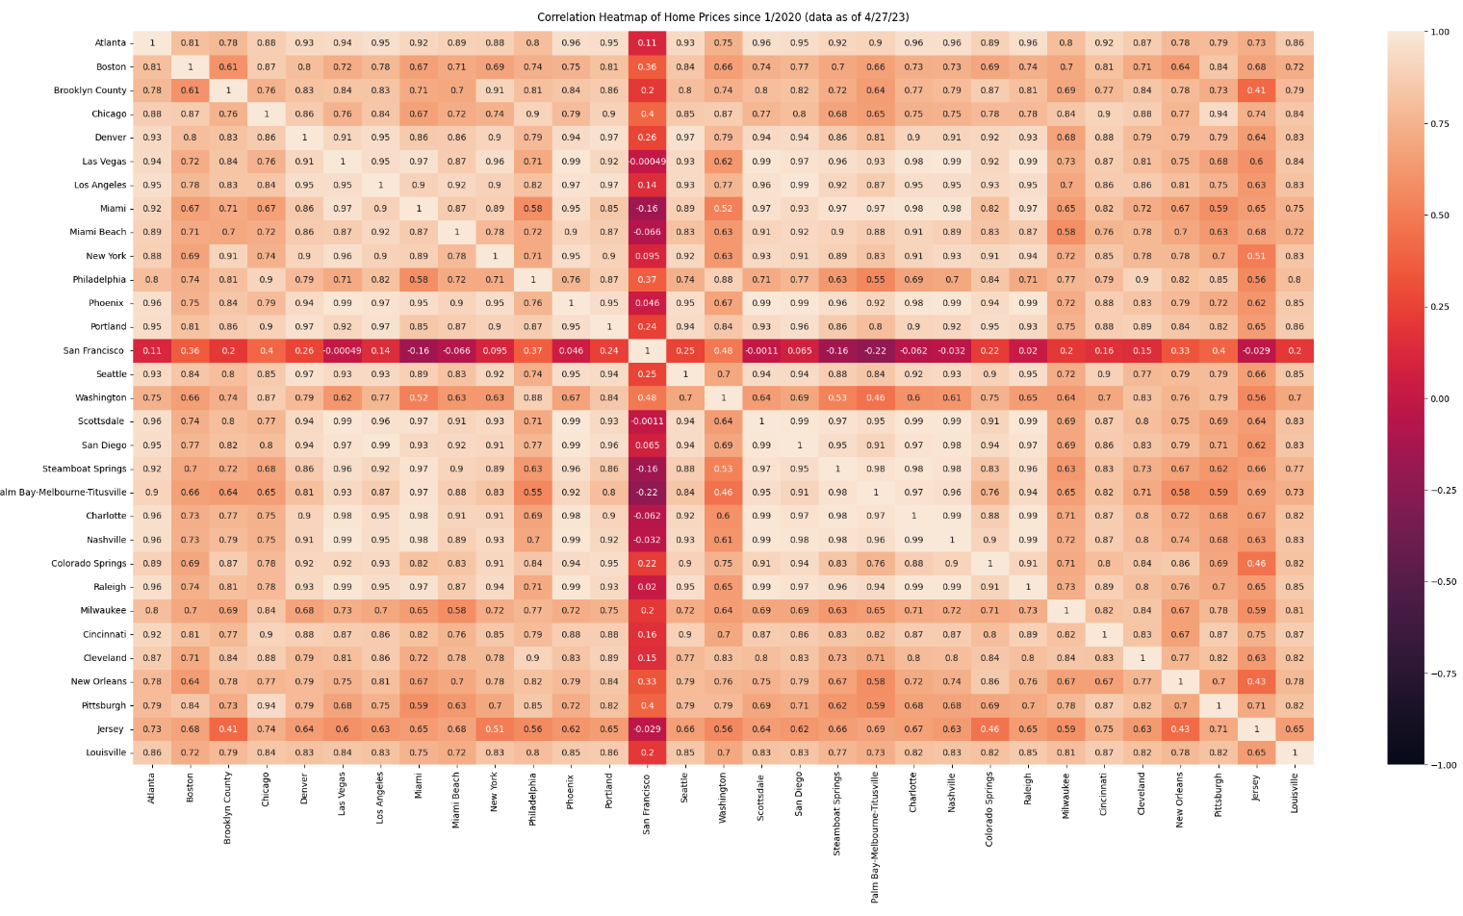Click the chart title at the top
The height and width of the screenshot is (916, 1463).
point(723,16)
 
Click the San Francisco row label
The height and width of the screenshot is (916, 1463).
point(93,351)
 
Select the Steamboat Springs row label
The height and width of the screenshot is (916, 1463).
point(84,470)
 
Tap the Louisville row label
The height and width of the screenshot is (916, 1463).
point(105,753)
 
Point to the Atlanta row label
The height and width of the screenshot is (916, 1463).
point(110,43)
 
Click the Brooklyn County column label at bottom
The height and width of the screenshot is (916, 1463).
point(228,808)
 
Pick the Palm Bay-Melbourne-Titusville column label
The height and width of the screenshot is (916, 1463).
point(875,837)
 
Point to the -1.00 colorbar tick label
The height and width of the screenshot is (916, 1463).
point(1439,766)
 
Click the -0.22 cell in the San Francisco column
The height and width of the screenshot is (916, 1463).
point(647,493)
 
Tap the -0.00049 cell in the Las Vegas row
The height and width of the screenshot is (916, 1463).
point(647,162)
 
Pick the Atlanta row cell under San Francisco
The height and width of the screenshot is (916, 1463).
point(647,43)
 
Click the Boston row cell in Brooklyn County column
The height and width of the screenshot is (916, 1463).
point(228,67)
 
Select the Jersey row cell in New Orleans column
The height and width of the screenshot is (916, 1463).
point(1180,729)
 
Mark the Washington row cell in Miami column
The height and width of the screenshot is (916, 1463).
point(419,398)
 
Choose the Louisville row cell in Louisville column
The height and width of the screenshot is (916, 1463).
point(1295,753)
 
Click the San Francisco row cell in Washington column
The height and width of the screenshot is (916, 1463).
point(723,351)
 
